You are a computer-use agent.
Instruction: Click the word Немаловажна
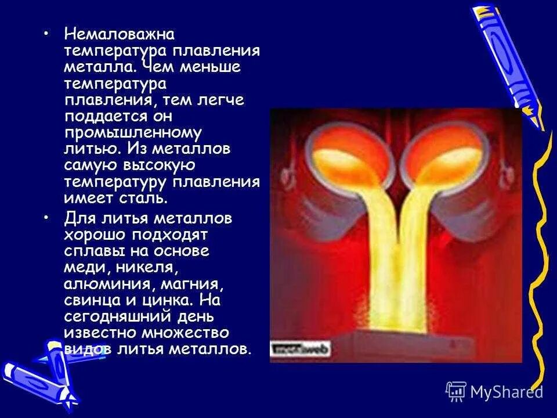(119, 35)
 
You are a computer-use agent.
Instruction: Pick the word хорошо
(92, 235)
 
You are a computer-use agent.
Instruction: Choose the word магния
(194, 284)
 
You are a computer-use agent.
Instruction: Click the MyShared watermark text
(506, 391)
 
